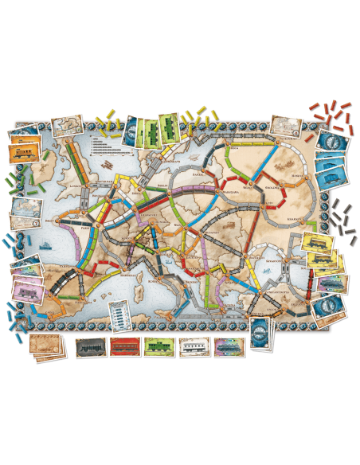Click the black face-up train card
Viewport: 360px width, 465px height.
pos(91,346)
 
